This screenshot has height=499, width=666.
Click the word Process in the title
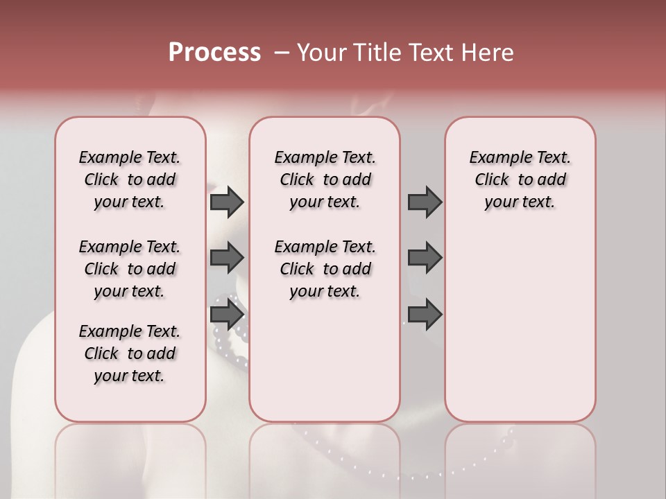point(214,53)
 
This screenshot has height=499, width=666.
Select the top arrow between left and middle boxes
point(227,202)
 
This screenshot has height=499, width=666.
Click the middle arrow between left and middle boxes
point(227,258)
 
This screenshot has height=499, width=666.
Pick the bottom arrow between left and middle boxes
point(227,315)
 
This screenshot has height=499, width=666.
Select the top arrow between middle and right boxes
point(425,202)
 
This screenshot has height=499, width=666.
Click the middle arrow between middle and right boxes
point(425,258)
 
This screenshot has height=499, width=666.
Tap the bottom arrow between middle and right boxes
point(425,315)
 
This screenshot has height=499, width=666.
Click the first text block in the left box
point(130,180)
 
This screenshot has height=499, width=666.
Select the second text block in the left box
point(130,269)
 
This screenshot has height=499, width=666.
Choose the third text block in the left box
point(130,353)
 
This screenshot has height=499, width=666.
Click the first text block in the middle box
point(325,180)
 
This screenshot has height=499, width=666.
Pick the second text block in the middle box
point(325,269)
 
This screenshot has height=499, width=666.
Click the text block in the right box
point(520,180)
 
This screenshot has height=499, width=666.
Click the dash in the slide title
point(282,53)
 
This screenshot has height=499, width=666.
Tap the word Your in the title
point(321,53)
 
